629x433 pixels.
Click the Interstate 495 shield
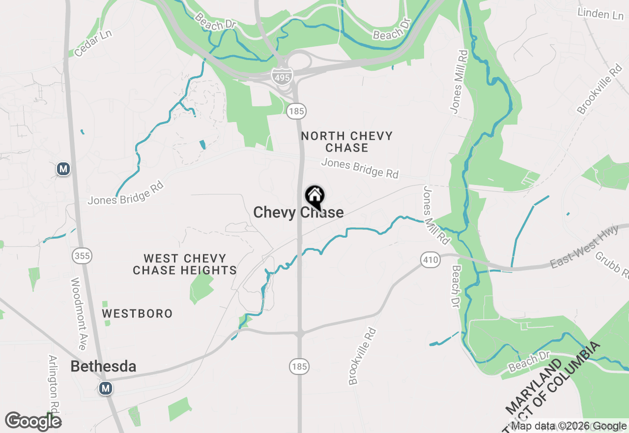282,75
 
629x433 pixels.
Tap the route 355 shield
82,255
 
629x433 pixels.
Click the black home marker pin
314,197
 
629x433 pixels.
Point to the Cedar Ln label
93,43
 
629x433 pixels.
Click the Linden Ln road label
600,13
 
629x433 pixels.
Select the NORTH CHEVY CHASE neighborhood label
346,142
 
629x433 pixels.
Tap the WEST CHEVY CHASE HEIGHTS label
185,264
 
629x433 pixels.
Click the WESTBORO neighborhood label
137,313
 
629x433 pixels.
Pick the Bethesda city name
103,367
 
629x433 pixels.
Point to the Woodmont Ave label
79,313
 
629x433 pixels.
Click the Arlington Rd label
54,384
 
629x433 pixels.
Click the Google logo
33,421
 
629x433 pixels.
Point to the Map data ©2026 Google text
569,426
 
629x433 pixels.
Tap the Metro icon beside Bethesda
105,388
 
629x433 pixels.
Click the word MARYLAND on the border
534,387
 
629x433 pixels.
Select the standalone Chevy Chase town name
298,213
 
